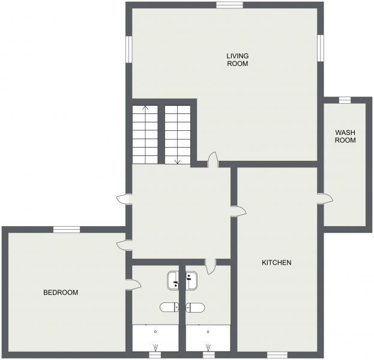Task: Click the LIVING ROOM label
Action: pos(237,59)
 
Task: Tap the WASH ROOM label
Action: pos(345,136)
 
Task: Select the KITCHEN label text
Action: pos(277,263)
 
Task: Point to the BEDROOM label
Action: pos(61,293)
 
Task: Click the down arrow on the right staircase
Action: pos(177,160)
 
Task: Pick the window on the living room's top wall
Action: pos(230,5)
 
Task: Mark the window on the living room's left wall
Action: pos(128,49)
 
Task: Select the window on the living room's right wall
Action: pos(321,48)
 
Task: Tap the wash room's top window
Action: pos(345,100)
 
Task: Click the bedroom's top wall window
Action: pos(66,229)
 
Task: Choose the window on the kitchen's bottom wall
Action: pos(276,355)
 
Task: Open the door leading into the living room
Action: pos(212,159)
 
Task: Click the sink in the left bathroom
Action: pos(173,278)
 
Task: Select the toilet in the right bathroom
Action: pos(196,308)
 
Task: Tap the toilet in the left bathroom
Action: pos(169,308)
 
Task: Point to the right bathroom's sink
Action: pos(192,278)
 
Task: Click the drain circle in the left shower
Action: pos(155,331)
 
